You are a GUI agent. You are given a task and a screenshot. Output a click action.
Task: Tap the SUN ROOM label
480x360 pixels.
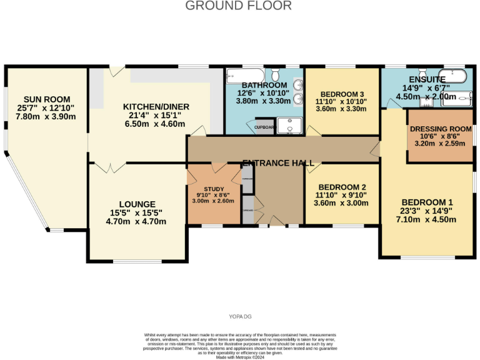click(x=47, y=99)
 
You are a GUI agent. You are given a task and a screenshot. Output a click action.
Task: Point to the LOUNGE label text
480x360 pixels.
click(x=137, y=204)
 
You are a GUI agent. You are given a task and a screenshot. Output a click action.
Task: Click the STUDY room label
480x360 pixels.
click(x=213, y=189)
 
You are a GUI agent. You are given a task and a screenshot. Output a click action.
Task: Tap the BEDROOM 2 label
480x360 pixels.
click(x=342, y=187)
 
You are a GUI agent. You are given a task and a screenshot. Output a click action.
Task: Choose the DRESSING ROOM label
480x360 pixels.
click(x=441, y=129)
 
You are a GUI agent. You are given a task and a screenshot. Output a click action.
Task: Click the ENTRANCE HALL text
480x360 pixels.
click(x=278, y=163)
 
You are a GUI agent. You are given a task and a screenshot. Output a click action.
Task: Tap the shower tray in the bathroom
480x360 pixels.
click(x=289, y=126)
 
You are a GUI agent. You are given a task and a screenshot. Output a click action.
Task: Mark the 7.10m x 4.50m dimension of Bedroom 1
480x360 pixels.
click(x=427, y=219)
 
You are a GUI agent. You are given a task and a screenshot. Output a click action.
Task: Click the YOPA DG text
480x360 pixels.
click(x=240, y=316)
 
